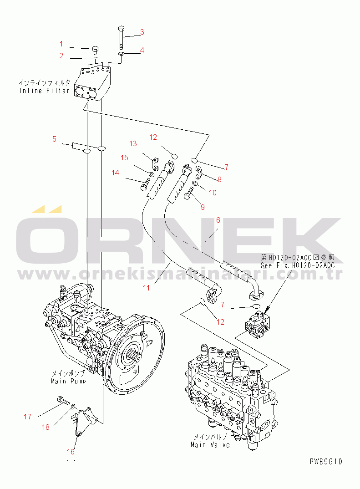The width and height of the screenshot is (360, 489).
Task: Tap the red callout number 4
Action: [x=142, y=50]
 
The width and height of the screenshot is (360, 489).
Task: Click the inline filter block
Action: [x=93, y=84]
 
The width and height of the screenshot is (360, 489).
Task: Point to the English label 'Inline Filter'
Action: [x=44, y=91]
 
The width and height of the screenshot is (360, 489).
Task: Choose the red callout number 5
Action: [x=54, y=139]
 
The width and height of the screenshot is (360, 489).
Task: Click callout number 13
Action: [x=133, y=143]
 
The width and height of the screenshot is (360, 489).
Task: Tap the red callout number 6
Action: [x=218, y=220]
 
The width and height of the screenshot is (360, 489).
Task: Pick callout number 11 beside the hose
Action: [x=146, y=288]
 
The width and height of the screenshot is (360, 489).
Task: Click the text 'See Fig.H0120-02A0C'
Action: [x=298, y=265]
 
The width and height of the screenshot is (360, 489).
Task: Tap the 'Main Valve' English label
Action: [x=210, y=445]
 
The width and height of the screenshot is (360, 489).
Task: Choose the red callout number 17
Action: [x=28, y=416]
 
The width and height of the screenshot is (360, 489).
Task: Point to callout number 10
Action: [x=212, y=192]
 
